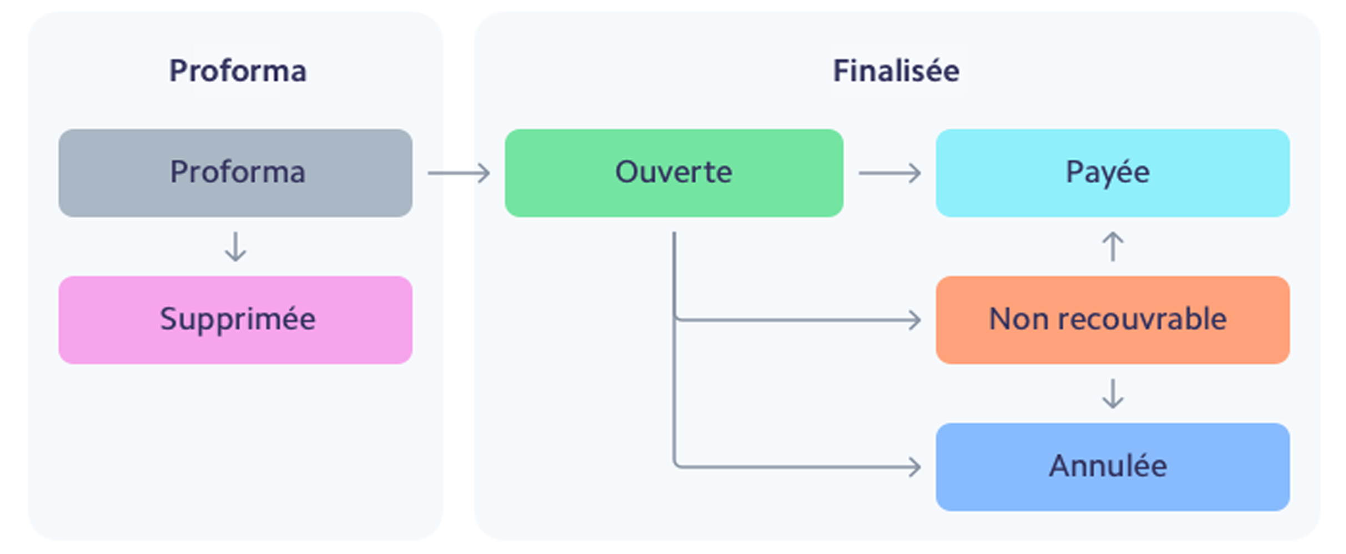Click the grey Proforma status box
(x=235, y=173)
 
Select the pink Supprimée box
(x=235, y=320)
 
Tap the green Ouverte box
(x=674, y=173)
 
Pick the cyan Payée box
(x=1112, y=173)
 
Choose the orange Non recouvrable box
(x=1112, y=320)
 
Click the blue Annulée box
(x=1112, y=467)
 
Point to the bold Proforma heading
(x=238, y=71)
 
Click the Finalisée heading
(x=896, y=71)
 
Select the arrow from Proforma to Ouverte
(x=459, y=173)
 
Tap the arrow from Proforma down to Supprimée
(x=235, y=247)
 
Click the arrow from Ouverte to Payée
(x=890, y=173)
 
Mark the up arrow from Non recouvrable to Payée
(x=1113, y=246)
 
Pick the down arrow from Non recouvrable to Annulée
(x=1113, y=394)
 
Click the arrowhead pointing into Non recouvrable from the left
(x=914, y=320)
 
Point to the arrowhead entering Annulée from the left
(x=914, y=467)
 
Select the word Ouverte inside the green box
(x=674, y=172)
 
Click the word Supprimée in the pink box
(x=238, y=319)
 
